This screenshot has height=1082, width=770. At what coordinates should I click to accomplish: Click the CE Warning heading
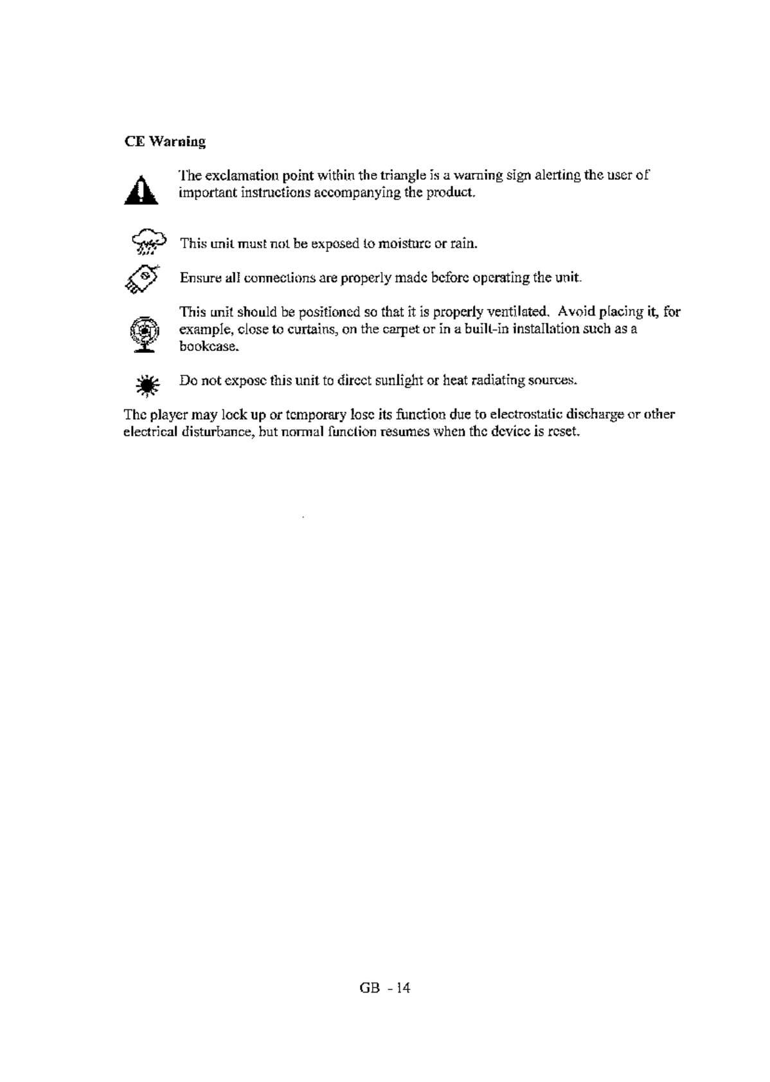(165, 141)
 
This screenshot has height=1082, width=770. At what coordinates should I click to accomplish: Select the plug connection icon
(142, 278)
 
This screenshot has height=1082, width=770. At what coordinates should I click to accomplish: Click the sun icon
(147, 384)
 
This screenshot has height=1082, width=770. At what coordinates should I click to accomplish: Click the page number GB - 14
(384, 987)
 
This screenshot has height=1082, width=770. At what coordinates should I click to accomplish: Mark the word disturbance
(209, 431)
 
